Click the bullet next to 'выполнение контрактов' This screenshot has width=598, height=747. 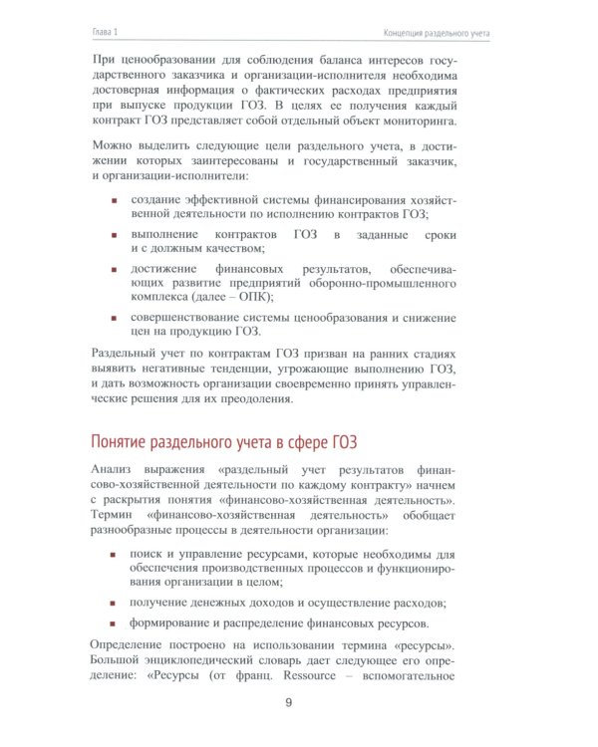[114, 234]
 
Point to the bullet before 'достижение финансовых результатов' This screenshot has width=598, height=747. [114, 271]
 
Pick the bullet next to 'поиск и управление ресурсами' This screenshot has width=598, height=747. [114, 554]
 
